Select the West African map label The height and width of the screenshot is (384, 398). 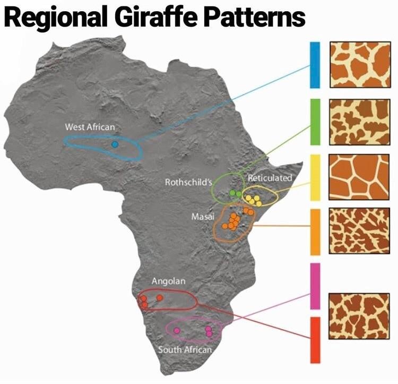click(x=90, y=127)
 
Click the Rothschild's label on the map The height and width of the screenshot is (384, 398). click(x=188, y=182)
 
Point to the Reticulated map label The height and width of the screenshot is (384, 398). click(x=270, y=178)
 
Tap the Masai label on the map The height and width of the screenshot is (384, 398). click(x=202, y=218)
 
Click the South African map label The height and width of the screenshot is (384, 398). click(x=185, y=349)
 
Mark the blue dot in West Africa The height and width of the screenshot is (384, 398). click(x=115, y=144)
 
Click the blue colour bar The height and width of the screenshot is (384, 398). click(x=315, y=65)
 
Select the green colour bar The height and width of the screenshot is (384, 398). click(x=315, y=121)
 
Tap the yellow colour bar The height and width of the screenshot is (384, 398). click(x=315, y=177)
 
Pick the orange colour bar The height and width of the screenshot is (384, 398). click(x=315, y=232)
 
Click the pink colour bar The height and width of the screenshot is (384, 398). click(x=315, y=285)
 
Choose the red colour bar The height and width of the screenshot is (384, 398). click(x=315, y=340)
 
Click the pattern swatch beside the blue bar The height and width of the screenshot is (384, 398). click(x=359, y=65)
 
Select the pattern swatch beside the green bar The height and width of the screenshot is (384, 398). click(x=359, y=122)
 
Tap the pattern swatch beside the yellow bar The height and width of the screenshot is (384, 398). click(x=359, y=177)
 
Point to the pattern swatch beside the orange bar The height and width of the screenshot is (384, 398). click(x=359, y=231)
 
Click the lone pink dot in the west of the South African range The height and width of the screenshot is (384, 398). click(x=177, y=330)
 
